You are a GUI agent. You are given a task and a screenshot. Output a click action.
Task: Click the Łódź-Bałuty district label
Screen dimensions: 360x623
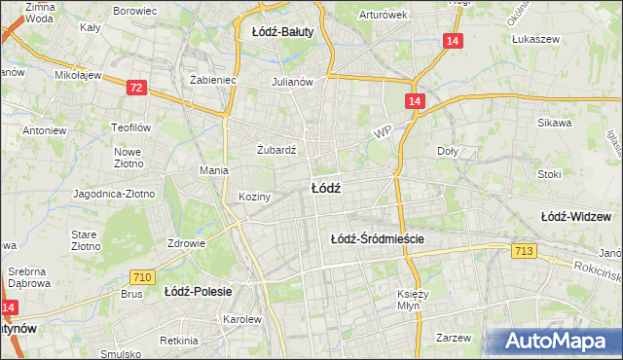[x=282, y=32]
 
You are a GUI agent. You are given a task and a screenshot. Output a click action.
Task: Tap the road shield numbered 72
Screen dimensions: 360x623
[x=137, y=89]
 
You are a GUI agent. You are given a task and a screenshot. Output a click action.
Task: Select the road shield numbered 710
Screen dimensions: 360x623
[x=142, y=278]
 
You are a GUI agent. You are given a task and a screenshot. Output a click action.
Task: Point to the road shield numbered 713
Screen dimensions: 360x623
[x=524, y=252]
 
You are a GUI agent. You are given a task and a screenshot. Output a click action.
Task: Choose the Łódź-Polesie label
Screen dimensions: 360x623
[x=196, y=291]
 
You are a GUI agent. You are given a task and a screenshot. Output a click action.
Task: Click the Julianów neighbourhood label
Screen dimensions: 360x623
[x=292, y=82]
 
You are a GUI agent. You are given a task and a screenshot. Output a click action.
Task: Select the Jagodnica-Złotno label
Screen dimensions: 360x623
[x=114, y=194]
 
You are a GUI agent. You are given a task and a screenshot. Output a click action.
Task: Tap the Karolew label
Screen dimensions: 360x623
[x=242, y=319]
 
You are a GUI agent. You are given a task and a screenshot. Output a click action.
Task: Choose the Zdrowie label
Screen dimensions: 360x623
[x=186, y=243]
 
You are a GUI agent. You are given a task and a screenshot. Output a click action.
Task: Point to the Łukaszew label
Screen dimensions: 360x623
[x=534, y=40]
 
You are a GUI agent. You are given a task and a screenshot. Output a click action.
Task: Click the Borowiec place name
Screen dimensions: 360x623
[x=135, y=11]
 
